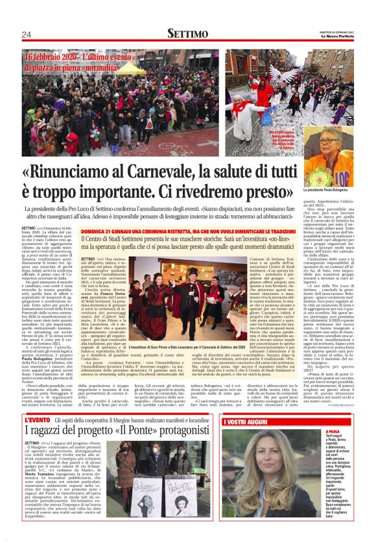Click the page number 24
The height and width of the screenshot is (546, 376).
[26, 34]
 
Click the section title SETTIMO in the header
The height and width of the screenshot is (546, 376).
[188, 34]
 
